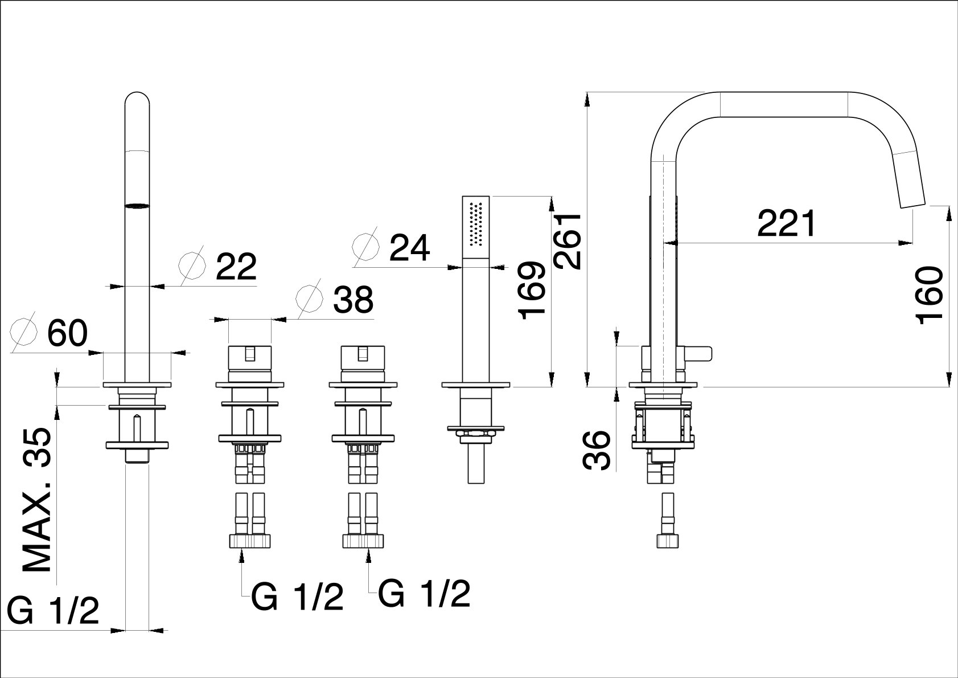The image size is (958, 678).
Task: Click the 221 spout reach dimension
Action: click(x=786, y=224)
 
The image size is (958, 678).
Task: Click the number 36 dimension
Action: click(x=596, y=450)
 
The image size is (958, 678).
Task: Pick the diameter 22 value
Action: click(x=236, y=267)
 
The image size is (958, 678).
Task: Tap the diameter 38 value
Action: click(x=353, y=300)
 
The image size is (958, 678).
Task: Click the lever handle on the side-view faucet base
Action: click(x=699, y=354)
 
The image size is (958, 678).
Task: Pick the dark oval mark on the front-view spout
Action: click(x=137, y=206)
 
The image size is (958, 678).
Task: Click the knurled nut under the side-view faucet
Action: click(x=665, y=541)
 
